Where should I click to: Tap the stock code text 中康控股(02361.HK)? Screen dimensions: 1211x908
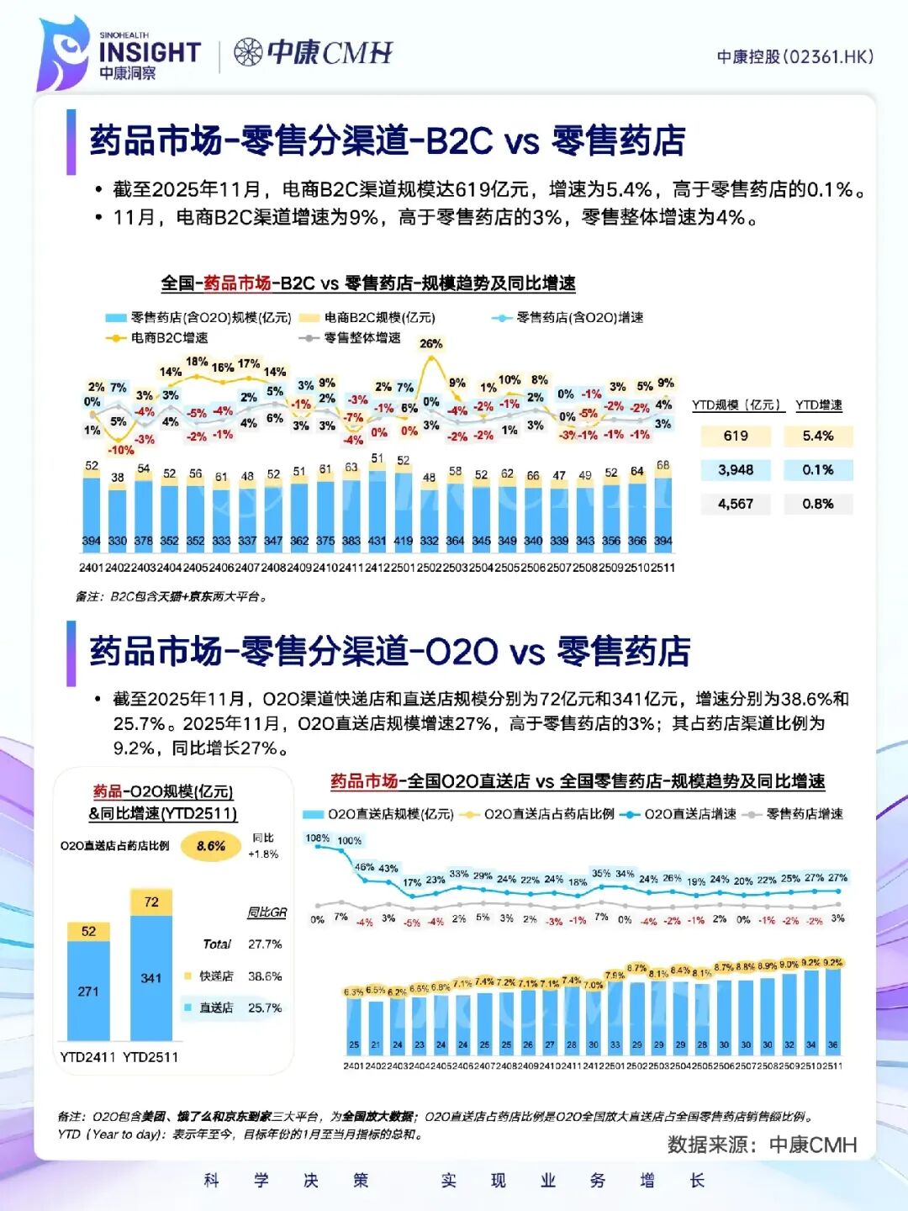794,56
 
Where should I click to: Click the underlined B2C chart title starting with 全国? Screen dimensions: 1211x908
368,283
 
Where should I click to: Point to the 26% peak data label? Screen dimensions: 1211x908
431,344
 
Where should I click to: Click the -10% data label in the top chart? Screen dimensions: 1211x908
121,450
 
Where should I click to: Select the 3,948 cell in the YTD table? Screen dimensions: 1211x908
736,470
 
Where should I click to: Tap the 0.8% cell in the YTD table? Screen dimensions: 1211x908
818,504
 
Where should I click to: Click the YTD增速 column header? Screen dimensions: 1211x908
819,405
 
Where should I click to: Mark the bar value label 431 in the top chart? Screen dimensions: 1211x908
377,541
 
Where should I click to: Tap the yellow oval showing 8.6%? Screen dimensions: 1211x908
211,846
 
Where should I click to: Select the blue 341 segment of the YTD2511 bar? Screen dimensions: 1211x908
151,978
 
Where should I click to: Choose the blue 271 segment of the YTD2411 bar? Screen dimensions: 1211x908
88,992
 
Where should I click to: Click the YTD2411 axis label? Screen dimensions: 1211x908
87,1057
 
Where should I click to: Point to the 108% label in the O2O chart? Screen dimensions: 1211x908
318,838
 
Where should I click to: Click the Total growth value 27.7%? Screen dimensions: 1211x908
265,944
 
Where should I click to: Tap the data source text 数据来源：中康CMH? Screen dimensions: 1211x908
762,1145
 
